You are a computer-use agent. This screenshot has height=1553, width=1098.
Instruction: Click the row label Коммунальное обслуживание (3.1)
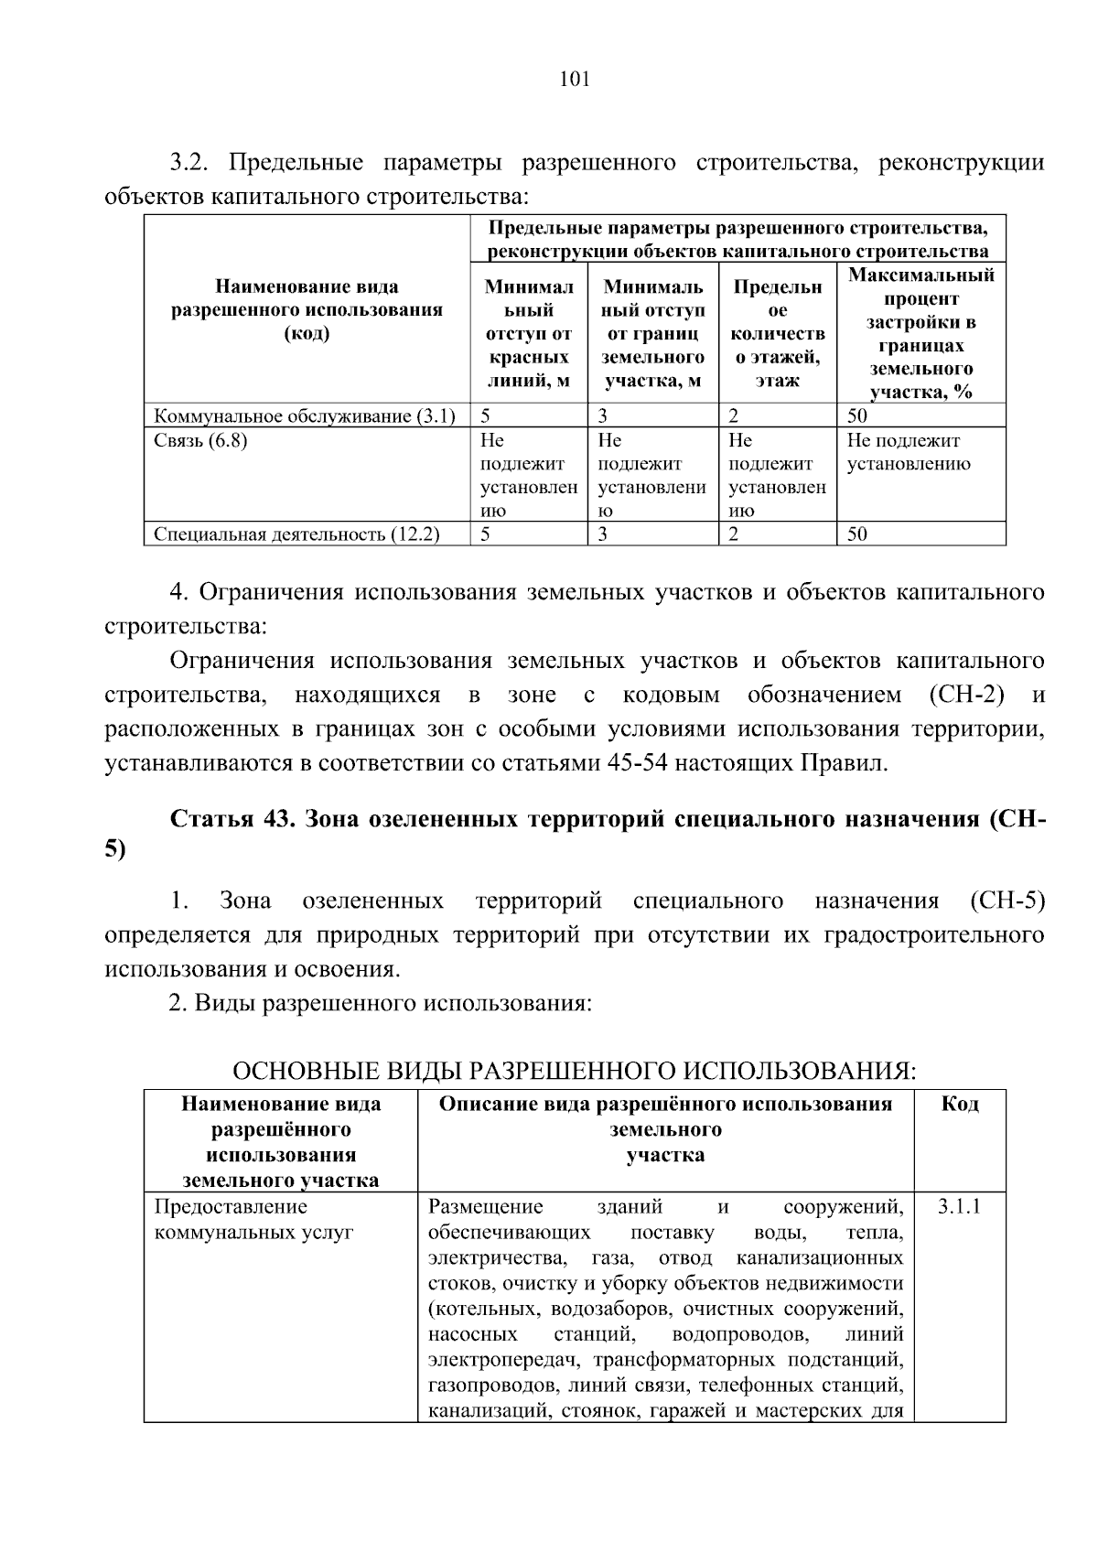[305, 416]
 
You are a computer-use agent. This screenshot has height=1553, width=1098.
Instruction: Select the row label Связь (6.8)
[200, 440]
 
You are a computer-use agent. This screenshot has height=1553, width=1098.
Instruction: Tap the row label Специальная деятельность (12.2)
[296, 534]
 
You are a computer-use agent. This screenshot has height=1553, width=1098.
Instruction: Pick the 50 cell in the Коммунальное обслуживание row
[857, 416]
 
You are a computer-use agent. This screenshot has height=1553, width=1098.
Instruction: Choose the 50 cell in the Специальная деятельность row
[857, 534]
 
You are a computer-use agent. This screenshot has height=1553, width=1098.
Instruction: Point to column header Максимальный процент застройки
[920, 333]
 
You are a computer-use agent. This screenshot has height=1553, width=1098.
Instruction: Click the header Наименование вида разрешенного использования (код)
[307, 310]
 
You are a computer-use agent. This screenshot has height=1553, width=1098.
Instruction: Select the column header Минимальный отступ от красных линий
[529, 333]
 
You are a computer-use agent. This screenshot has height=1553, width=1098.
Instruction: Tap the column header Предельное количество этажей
[777, 333]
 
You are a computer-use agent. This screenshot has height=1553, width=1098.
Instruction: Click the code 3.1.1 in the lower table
[959, 1206]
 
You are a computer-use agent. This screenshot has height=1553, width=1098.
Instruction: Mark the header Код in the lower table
[960, 1104]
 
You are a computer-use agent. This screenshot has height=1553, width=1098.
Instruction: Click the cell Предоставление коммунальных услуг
[253, 1219]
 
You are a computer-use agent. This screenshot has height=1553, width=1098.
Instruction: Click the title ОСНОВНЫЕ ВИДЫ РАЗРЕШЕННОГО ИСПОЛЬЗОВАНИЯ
[574, 1070]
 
